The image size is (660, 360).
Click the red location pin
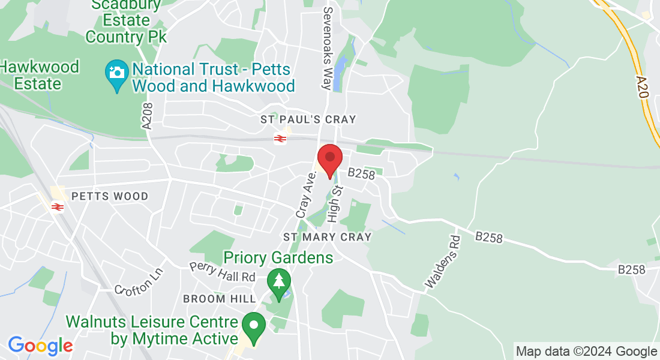click(329, 159)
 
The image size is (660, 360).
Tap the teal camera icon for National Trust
click(116, 74)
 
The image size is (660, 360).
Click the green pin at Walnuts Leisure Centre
click(254, 326)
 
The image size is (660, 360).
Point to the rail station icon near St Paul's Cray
click(280, 139)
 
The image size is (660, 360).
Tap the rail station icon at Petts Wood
click(58, 207)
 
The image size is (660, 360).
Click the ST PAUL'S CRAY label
click(308, 120)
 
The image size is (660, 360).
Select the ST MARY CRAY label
click(328, 237)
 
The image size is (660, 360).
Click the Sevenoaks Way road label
click(328, 48)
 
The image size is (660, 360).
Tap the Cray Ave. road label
click(306, 194)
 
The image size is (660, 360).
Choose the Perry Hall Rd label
click(222, 272)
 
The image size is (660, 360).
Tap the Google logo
click(40, 346)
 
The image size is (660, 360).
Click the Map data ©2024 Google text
click(586, 351)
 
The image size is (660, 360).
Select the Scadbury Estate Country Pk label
click(125, 21)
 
